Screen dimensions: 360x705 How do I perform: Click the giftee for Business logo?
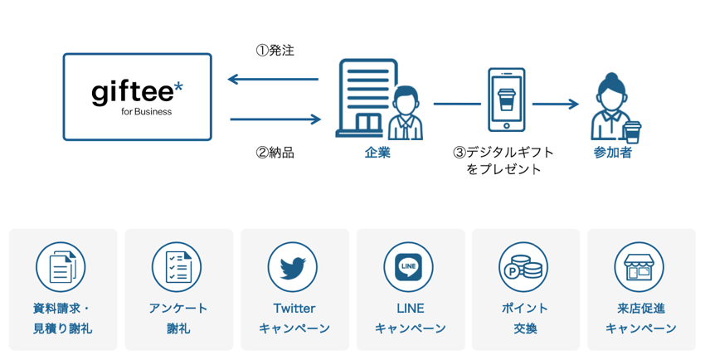(x=137, y=97)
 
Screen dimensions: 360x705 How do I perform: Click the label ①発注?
(x=275, y=51)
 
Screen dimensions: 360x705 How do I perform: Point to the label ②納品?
(x=275, y=153)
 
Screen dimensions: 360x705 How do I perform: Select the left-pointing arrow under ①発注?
(x=273, y=80)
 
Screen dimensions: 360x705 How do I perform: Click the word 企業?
(x=377, y=153)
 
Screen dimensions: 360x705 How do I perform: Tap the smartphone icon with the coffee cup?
(x=506, y=100)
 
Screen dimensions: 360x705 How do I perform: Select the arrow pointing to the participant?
(x=555, y=104)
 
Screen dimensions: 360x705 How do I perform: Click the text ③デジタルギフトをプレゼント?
(x=503, y=161)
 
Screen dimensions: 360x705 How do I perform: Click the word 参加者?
(x=613, y=153)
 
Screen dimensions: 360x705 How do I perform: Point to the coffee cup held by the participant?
(x=633, y=132)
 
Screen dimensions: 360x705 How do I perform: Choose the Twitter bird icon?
(x=293, y=267)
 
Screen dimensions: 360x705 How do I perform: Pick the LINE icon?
(x=408, y=267)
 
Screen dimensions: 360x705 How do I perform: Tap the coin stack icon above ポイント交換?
(x=524, y=267)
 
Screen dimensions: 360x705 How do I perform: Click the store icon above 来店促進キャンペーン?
(x=639, y=267)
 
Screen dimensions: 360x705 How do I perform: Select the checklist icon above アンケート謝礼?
(x=177, y=267)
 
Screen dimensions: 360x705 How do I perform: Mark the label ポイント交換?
(x=524, y=318)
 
